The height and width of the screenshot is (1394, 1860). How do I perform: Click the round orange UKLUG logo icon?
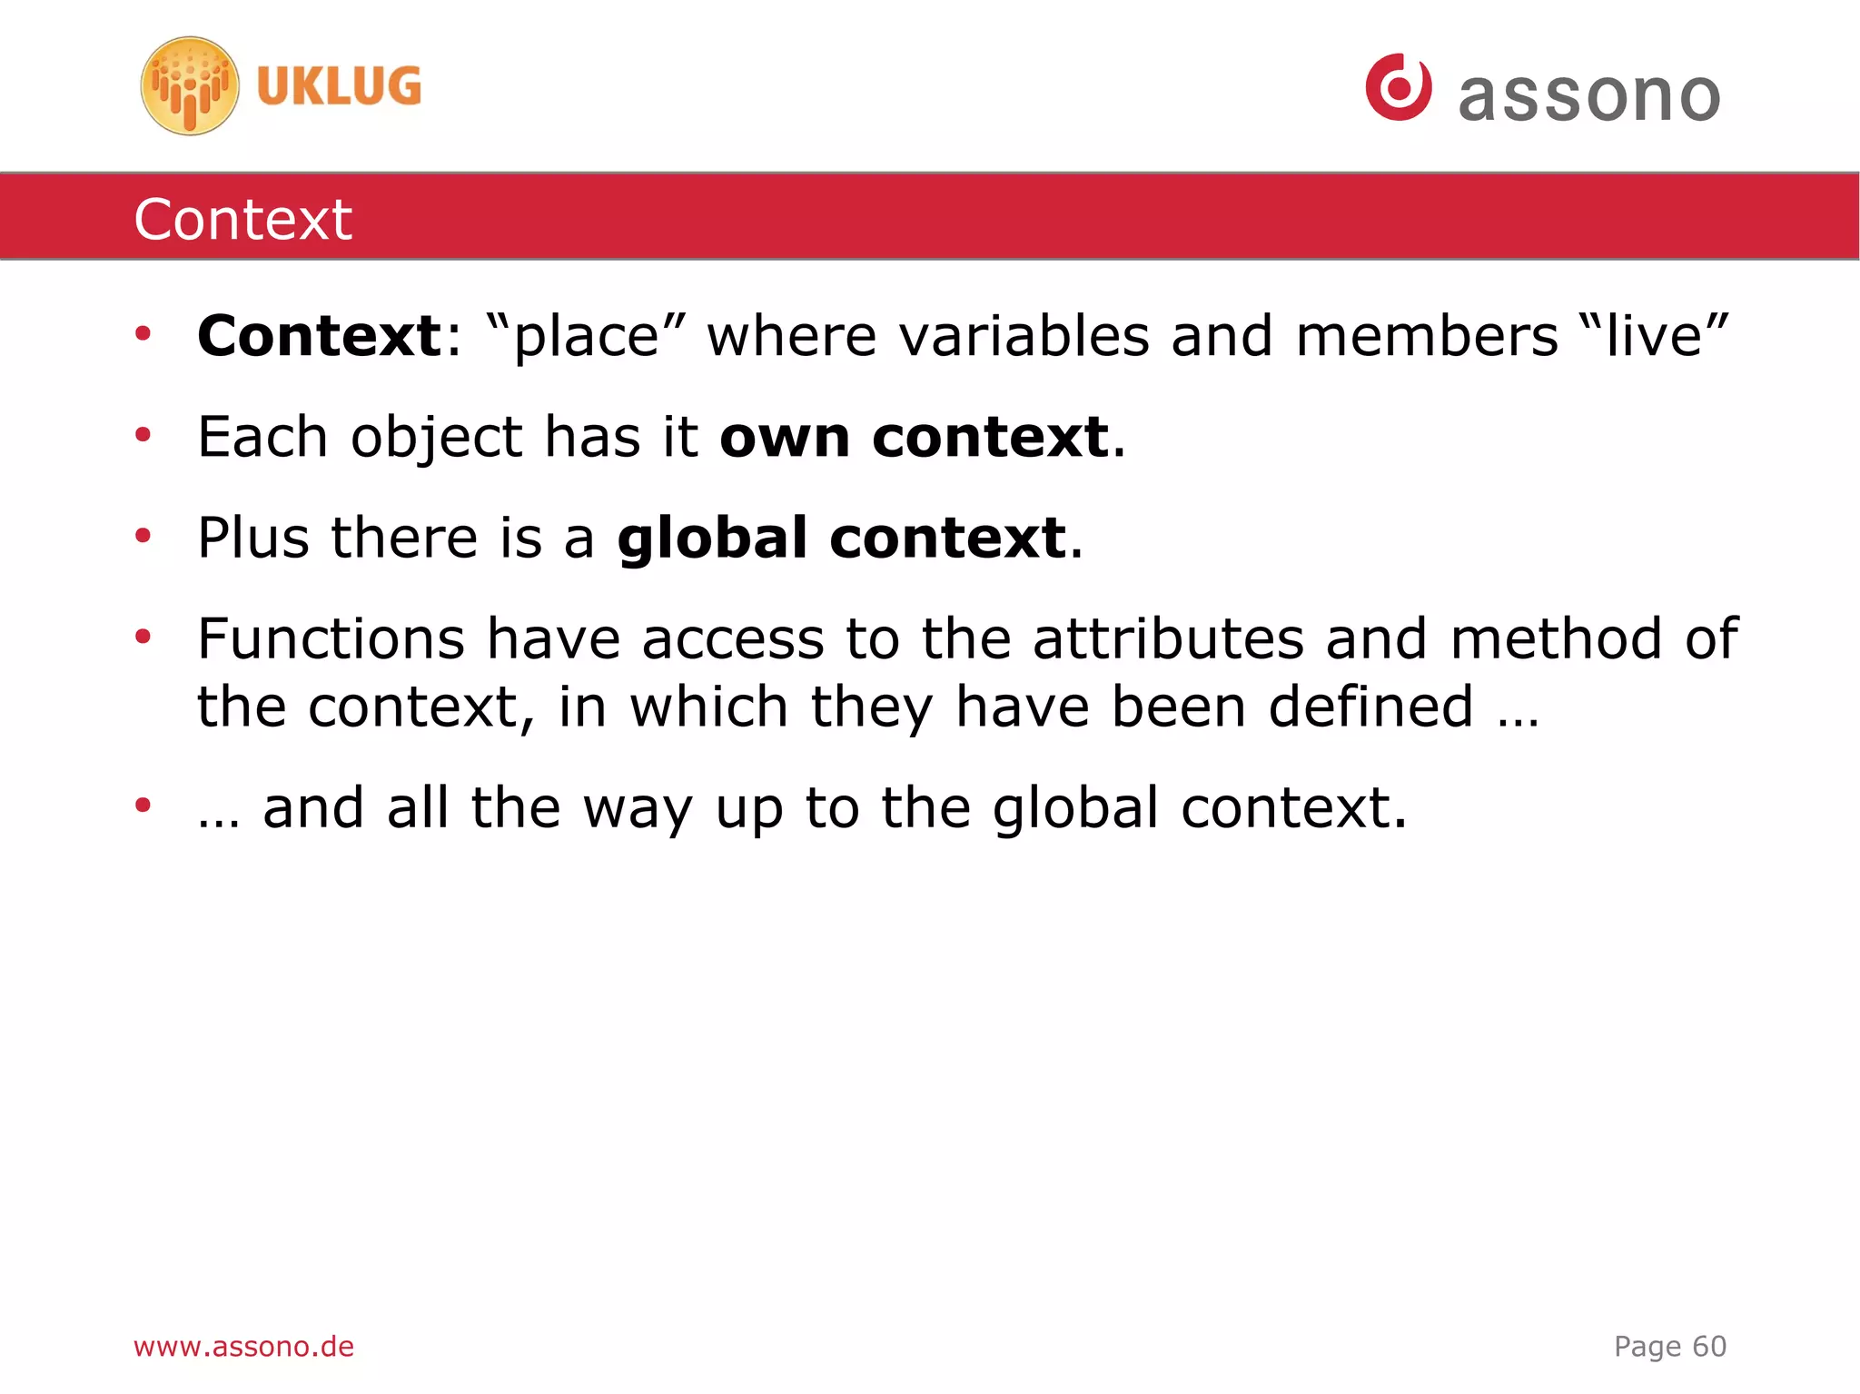click(190, 86)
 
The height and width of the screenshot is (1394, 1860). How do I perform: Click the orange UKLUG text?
click(339, 86)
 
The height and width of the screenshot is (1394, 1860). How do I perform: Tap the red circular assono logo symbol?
click(1399, 87)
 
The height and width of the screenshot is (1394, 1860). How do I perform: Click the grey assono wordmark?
click(1589, 96)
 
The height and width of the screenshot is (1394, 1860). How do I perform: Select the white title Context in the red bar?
click(242, 219)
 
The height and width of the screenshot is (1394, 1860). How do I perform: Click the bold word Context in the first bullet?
click(320, 336)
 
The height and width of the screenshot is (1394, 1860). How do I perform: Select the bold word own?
click(786, 438)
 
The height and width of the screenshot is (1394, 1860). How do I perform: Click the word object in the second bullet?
click(437, 438)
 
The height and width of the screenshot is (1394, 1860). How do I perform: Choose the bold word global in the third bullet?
click(712, 538)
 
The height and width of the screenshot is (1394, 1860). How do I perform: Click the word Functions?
click(331, 638)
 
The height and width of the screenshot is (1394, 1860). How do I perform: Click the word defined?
click(1370, 707)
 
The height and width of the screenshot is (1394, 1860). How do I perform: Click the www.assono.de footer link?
click(243, 1346)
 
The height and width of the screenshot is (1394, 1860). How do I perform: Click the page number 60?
click(1709, 1346)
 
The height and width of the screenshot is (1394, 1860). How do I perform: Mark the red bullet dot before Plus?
click(143, 536)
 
